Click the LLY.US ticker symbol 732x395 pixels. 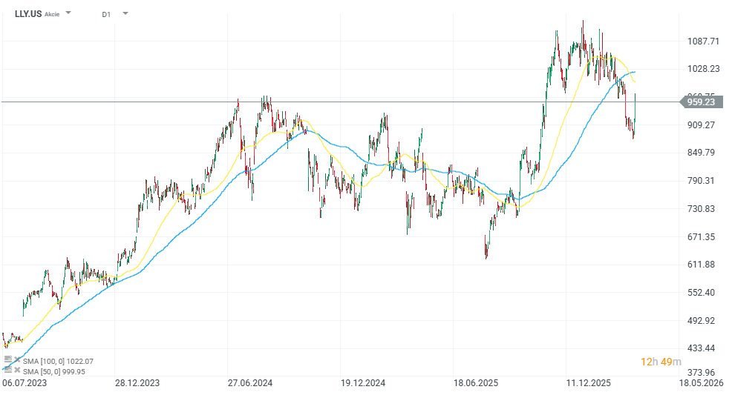pos(27,13)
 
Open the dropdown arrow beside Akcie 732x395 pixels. pos(69,13)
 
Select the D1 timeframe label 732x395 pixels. pos(106,13)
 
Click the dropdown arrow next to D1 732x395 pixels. pos(125,13)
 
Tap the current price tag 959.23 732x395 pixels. pos(701,102)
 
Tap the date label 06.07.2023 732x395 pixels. pos(24,383)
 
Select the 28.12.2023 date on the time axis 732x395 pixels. pos(137,383)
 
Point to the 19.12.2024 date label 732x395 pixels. pos(363,383)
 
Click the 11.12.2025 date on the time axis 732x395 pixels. pos(587,383)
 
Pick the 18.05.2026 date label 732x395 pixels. pos(701,383)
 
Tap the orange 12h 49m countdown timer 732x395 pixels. pos(661,362)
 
